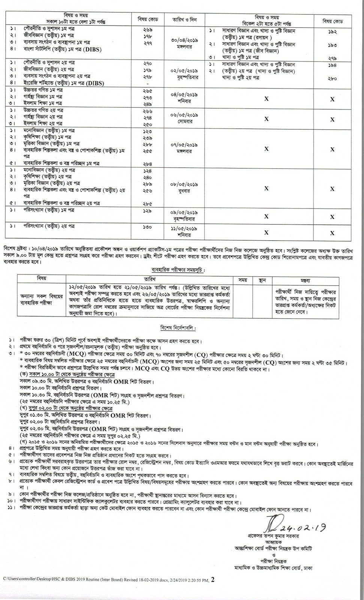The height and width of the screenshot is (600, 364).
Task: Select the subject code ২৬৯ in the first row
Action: pyautogui.click(x=147, y=30)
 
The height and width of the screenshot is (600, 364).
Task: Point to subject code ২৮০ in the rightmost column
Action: pyautogui.click(x=332, y=79)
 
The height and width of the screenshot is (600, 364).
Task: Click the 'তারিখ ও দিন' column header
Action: pyautogui.click(x=183, y=19)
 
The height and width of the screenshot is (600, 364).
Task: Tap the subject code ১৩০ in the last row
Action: pyautogui.click(x=147, y=227)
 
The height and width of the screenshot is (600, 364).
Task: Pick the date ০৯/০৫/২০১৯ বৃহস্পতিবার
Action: pyautogui.click(x=183, y=215)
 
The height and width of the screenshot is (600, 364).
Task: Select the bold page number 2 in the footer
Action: pyautogui.click(x=213, y=579)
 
